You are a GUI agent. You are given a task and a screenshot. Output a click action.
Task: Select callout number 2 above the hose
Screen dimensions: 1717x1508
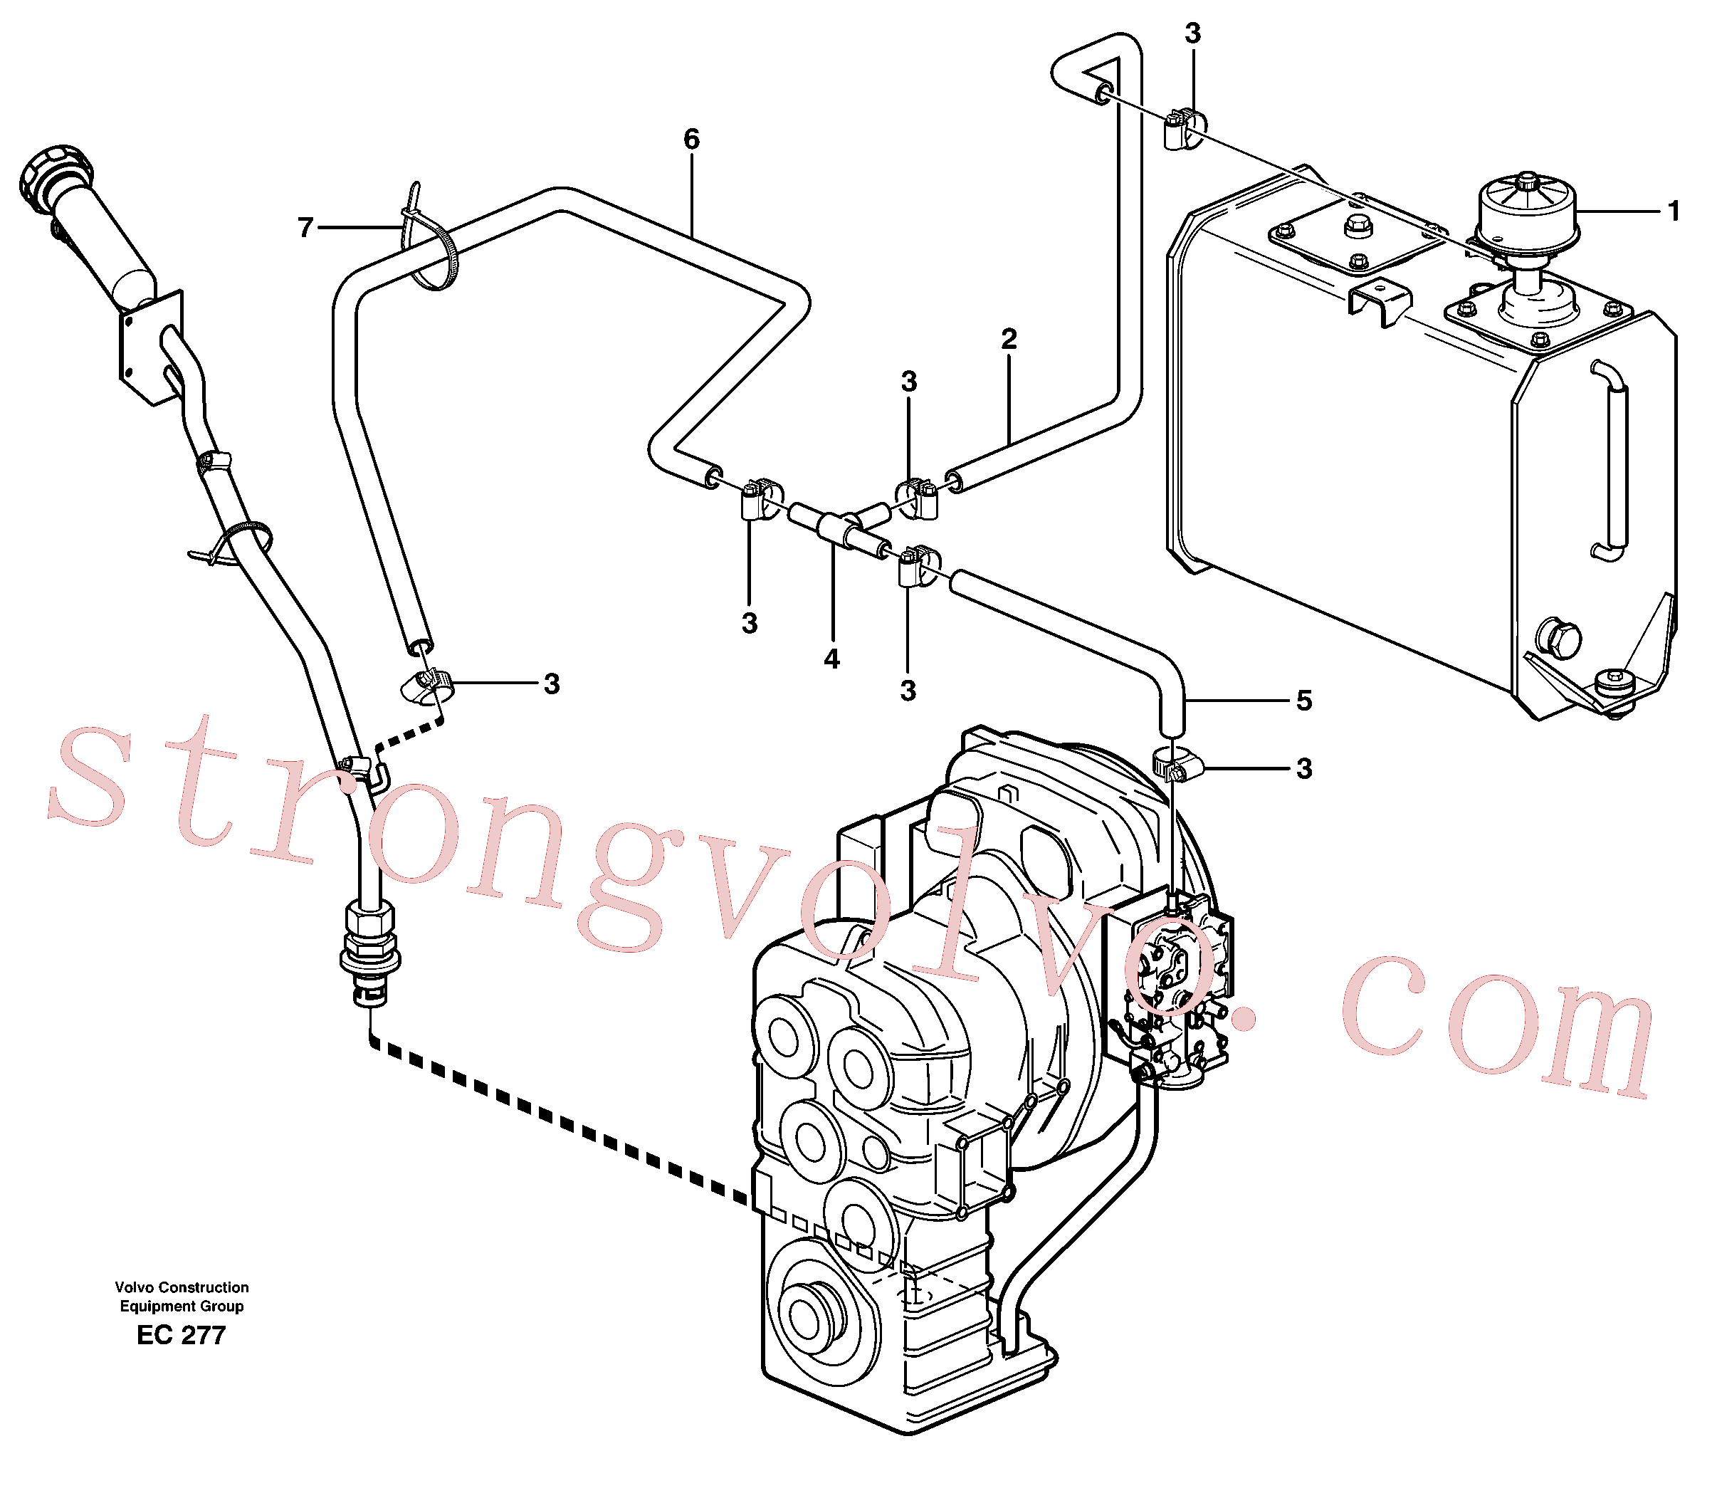point(1009,339)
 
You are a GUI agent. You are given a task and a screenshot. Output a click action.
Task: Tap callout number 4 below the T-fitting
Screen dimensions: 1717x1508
point(831,659)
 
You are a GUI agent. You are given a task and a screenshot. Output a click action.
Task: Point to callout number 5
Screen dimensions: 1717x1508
point(1303,700)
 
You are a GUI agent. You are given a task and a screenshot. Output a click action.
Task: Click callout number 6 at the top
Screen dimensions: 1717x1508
point(691,140)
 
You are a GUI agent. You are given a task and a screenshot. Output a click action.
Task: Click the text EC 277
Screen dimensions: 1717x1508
point(182,1335)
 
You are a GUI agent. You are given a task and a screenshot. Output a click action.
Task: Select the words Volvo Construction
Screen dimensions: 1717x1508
point(182,1287)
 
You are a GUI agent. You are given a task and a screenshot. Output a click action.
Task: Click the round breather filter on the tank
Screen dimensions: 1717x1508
point(1526,216)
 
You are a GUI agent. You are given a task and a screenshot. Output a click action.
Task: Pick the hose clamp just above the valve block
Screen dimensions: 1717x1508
point(1177,763)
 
